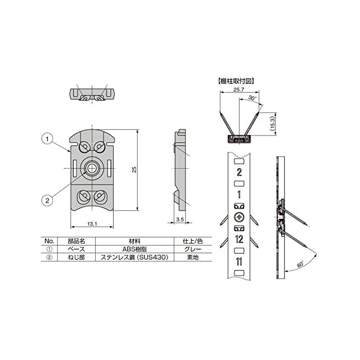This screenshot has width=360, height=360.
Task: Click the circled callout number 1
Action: (47, 139)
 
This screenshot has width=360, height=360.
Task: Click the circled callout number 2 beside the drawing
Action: (47, 200)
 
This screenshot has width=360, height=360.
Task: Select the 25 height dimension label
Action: (134, 169)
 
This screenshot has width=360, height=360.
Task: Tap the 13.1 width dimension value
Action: (92, 223)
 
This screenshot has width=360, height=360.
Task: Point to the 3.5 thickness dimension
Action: (180, 219)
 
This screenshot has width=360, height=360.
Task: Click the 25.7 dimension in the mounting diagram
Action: (238, 89)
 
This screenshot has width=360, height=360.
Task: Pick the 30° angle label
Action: (252, 98)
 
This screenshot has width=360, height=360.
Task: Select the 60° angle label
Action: (300, 264)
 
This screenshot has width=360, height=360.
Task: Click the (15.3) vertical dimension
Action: (272, 124)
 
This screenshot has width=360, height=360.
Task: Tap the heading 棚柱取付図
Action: (236, 81)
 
